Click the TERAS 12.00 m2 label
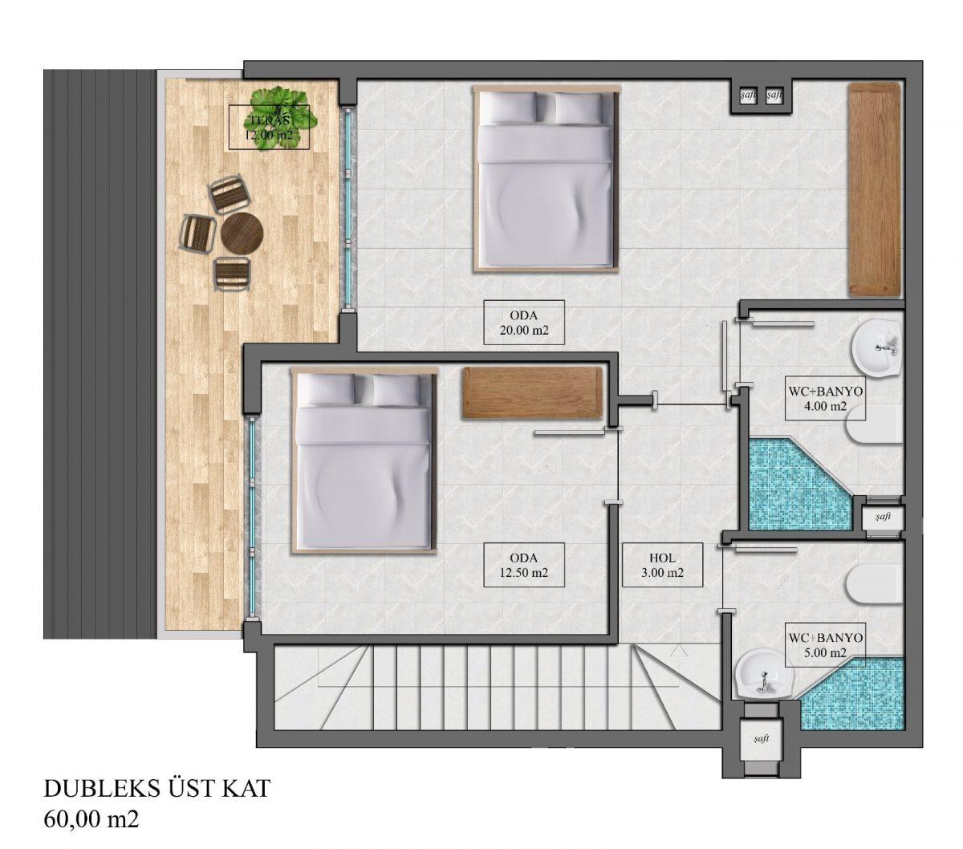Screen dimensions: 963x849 pos(269,127)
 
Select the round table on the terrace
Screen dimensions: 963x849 pos(242,234)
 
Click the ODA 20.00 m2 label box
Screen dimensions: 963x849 pos(524,323)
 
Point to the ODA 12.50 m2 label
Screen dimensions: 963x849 pos(524,565)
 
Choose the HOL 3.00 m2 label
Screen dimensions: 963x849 pos(662,565)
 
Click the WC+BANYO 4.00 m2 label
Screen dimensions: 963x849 pos(825,399)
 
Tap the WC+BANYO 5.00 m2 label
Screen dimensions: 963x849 pos(825,644)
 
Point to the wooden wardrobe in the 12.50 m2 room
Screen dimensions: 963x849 pos(533,393)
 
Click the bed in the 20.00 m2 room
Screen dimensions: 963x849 pos(545,180)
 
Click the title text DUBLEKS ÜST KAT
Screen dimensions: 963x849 pos(156,789)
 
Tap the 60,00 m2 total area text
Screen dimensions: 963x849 pos(91,820)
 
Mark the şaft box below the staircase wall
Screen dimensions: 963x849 pos(761,739)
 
